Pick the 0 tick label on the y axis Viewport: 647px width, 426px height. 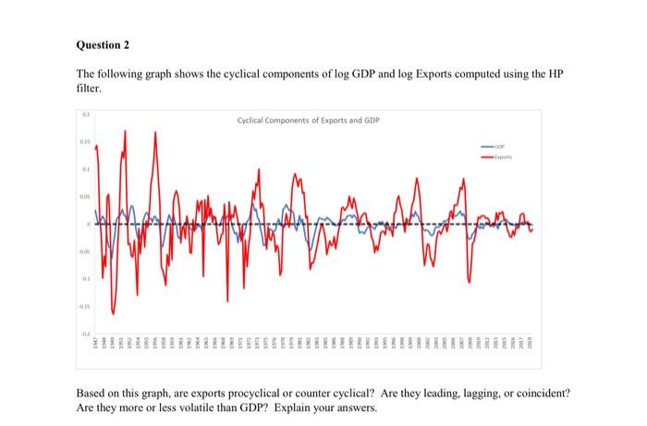[88, 224]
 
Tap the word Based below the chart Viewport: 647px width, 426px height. [90, 392]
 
